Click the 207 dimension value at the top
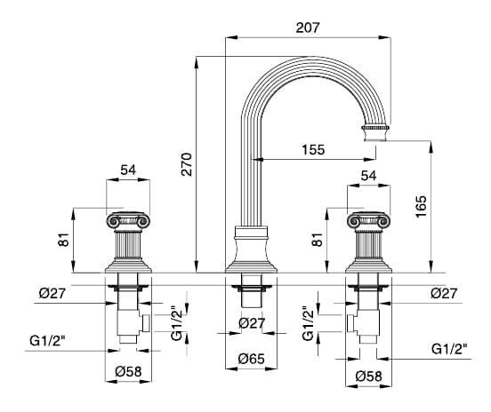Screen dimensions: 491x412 [x=308, y=28]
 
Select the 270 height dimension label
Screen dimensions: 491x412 [x=187, y=164]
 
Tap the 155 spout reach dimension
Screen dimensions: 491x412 [x=313, y=149]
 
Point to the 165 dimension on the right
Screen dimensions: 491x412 [x=421, y=207]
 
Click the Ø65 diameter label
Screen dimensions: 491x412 [x=251, y=359]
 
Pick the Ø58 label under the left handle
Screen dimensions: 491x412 [x=128, y=371]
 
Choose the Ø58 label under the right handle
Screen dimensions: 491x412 [x=368, y=376]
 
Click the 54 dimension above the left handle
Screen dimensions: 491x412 [x=128, y=170]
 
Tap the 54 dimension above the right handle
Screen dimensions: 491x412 [x=368, y=175]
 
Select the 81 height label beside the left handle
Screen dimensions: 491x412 [x=64, y=240]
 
